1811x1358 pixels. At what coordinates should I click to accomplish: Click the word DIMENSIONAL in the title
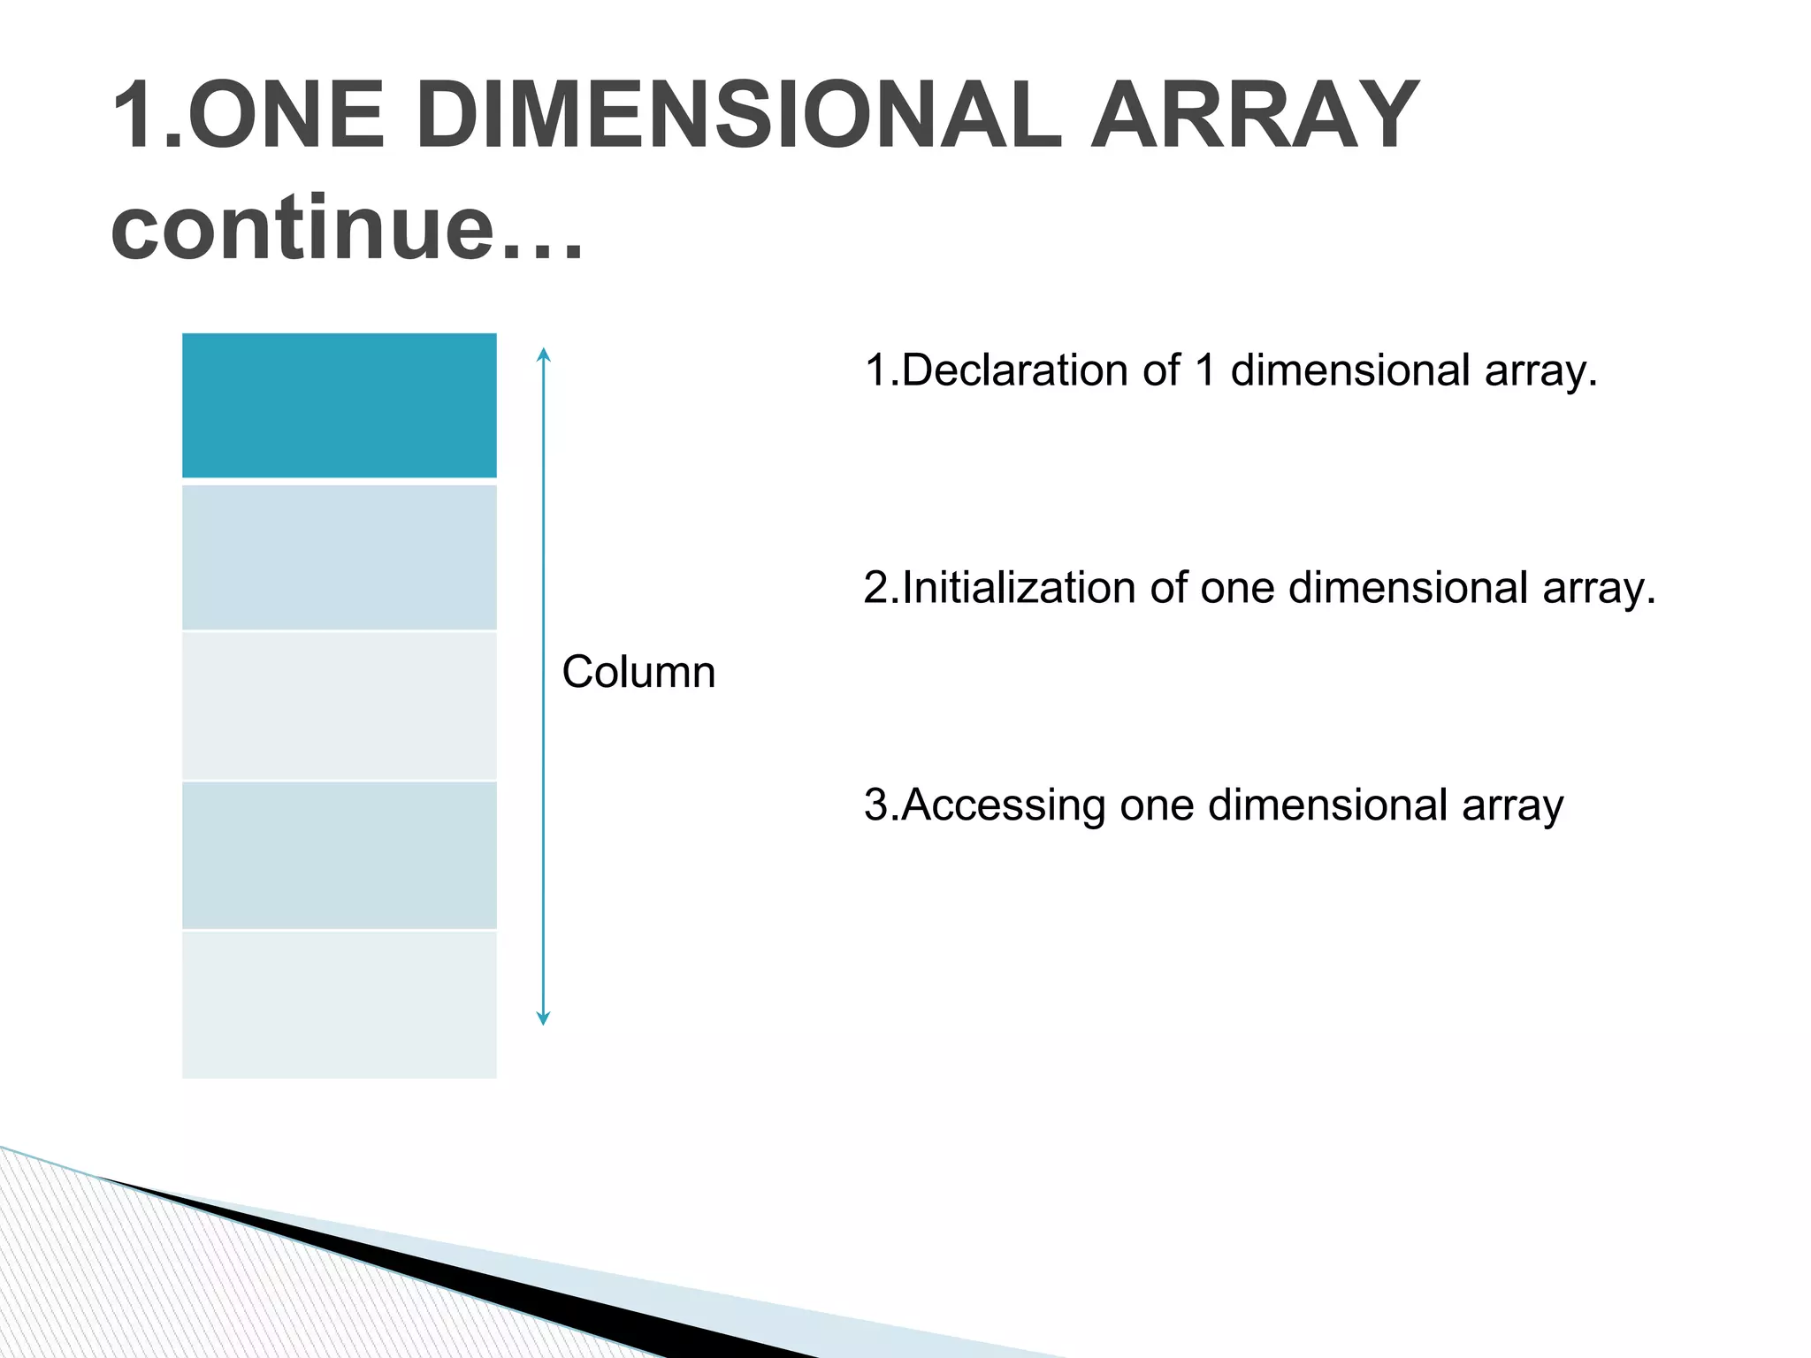click(x=738, y=115)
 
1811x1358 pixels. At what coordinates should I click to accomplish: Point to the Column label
click(x=638, y=672)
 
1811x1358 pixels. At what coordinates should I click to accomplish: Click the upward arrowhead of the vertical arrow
click(x=544, y=355)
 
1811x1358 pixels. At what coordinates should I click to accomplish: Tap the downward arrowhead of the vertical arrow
click(x=544, y=1018)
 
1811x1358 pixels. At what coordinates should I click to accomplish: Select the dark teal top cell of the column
click(x=339, y=405)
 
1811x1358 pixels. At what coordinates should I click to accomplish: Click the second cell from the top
click(x=339, y=557)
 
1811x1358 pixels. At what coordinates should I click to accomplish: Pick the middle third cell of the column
click(x=339, y=706)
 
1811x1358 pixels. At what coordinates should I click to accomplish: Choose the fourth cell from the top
click(x=339, y=855)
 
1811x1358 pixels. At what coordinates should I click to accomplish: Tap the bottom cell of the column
click(x=339, y=1004)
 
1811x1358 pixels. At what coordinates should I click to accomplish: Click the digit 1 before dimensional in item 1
click(x=1204, y=370)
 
